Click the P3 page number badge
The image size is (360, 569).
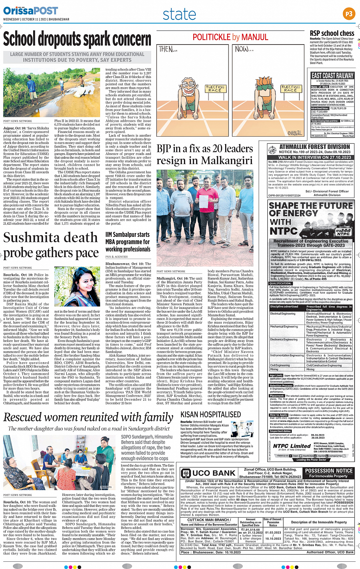pos(349,14)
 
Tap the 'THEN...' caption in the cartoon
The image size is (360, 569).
pos(168,50)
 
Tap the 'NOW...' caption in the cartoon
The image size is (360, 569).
pos(244,50)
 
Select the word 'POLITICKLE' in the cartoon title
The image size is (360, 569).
pos(211,37)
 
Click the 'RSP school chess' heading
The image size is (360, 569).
pos(332,34)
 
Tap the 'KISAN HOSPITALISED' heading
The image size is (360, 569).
pos(211,414)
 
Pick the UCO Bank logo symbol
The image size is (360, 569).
pos(186,473)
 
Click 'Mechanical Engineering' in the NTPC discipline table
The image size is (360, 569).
pos(284,326)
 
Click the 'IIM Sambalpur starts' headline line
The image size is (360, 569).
pos(127,235)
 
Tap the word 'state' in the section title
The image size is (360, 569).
pos(179,14)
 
